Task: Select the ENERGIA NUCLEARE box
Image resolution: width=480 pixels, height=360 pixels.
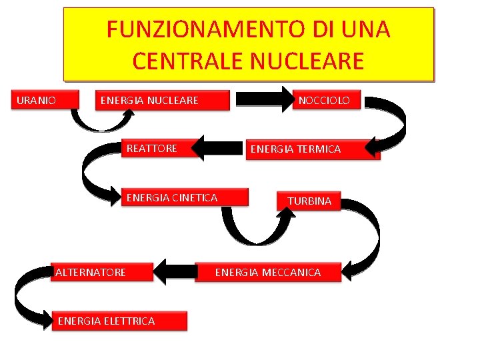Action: [x=160, y=101]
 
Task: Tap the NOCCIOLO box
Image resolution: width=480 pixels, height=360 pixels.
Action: [x=328, y=101]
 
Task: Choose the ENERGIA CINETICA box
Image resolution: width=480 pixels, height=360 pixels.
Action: [x=184, y=197]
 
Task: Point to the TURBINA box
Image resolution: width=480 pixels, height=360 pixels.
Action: [x=309, y=201]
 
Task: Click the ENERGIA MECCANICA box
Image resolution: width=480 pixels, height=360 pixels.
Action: [x=268, y=272]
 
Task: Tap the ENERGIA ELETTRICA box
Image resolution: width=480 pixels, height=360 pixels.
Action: [x=119, y=321]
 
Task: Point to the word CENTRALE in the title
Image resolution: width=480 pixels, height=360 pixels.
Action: [x=189, y=61]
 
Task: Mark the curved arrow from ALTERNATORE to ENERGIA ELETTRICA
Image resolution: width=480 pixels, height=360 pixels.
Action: [x=27, y=300]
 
